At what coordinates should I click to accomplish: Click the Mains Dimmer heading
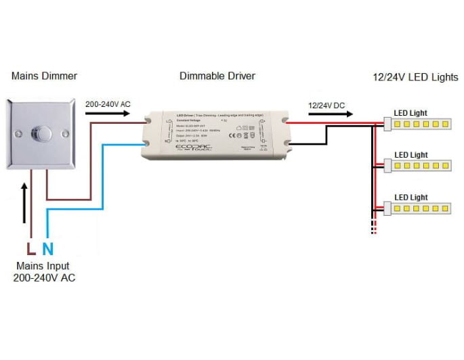coord(44,76)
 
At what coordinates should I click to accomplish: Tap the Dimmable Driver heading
coord(217,76)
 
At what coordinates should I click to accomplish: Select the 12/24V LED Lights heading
coord(416,76)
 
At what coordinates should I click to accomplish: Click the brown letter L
coord(29,248)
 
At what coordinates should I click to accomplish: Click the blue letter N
coord(47,248)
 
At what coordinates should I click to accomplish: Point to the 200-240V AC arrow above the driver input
coord(107,114)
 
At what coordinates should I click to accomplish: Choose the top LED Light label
coord(411,113)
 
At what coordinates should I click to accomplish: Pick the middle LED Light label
coord(411,155)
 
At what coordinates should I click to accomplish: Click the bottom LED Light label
coord(411,197)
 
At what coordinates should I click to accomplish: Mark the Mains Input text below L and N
coord(42,272)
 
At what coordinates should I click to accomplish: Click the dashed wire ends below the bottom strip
coord(373,227)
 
